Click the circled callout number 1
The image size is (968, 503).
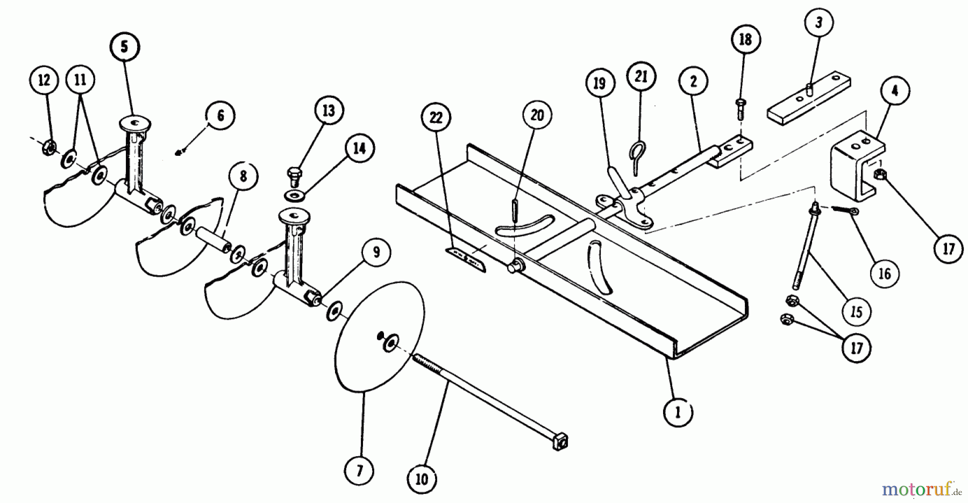(x=678, y=412)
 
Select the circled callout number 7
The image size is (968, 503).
(x=360, y=471)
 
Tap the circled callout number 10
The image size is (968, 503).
(x=422, y=478)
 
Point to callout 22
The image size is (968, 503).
(x=436, y=117)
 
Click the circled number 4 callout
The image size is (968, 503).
(x=894, y=91)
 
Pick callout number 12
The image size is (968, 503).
(x=44, y=81)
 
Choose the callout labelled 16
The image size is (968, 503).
(x=885, y=274)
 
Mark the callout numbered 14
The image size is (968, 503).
(x=359, y=148)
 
